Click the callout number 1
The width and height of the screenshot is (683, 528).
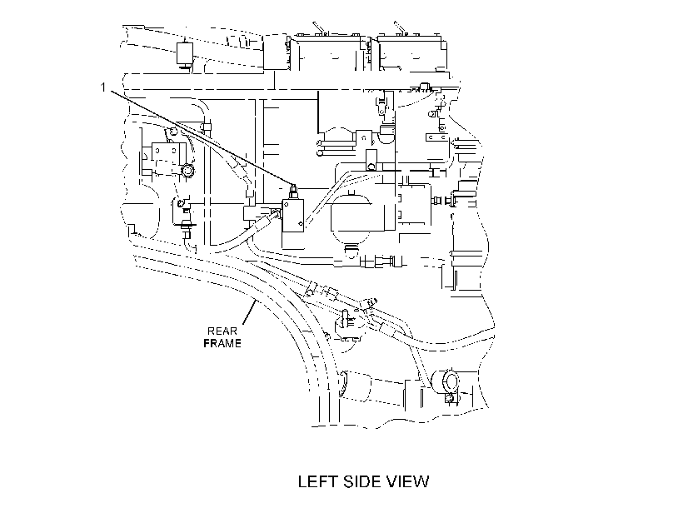pyautogui.click(x=102, y=87)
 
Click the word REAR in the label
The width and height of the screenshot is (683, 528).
pyautogui.click(x=222, y=331)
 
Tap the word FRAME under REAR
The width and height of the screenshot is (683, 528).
pyautogui.click(x=222, y=344)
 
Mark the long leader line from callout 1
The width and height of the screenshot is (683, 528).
pyautogui.click(x=202, y=137)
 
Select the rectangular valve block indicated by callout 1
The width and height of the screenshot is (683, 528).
pyautogui.click(x=293, y=216)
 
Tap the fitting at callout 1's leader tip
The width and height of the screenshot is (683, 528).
pyautogui.click(x=293, y=191)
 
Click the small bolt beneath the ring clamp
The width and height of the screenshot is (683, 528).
pyautogui.click(x=451, y=397)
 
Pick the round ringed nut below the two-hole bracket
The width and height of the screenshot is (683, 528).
pyautogui.click(x=187, y=171)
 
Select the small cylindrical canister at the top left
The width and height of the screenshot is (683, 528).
pyautogui.click(x=185, y=54)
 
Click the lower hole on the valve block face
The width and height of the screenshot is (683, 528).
pyautogui.click(x=300, y=224)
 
